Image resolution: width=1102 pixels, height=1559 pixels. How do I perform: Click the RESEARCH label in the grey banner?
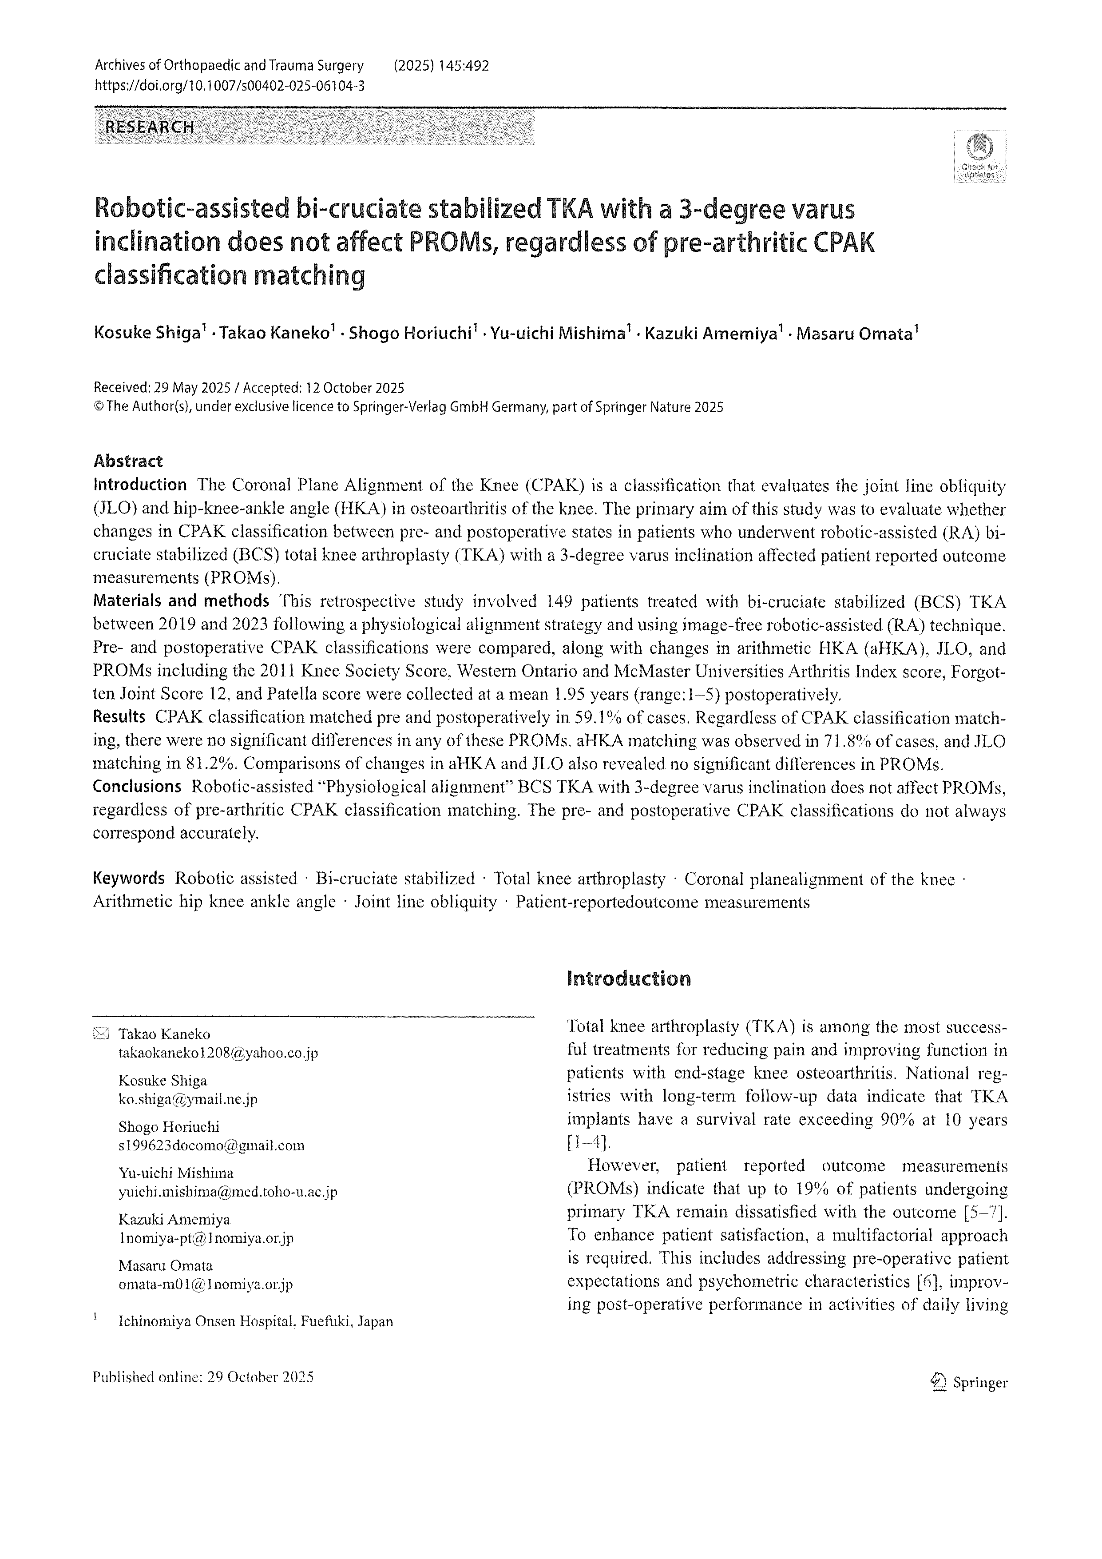tap(149, 127)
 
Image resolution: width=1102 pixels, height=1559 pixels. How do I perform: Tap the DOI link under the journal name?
tap(230, 86)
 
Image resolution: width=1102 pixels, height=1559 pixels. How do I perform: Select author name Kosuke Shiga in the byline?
tap(147, 334)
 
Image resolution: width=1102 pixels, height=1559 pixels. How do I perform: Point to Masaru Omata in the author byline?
tap(854, 334)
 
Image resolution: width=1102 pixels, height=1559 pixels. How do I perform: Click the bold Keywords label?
tap(128, 878)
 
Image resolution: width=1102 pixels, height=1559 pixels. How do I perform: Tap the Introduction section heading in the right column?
tap(628, 978)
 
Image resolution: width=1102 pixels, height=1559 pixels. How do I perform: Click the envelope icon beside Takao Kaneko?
tap(100, 1034)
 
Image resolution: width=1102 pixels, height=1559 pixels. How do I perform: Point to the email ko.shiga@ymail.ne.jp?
tap(188, 1099)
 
